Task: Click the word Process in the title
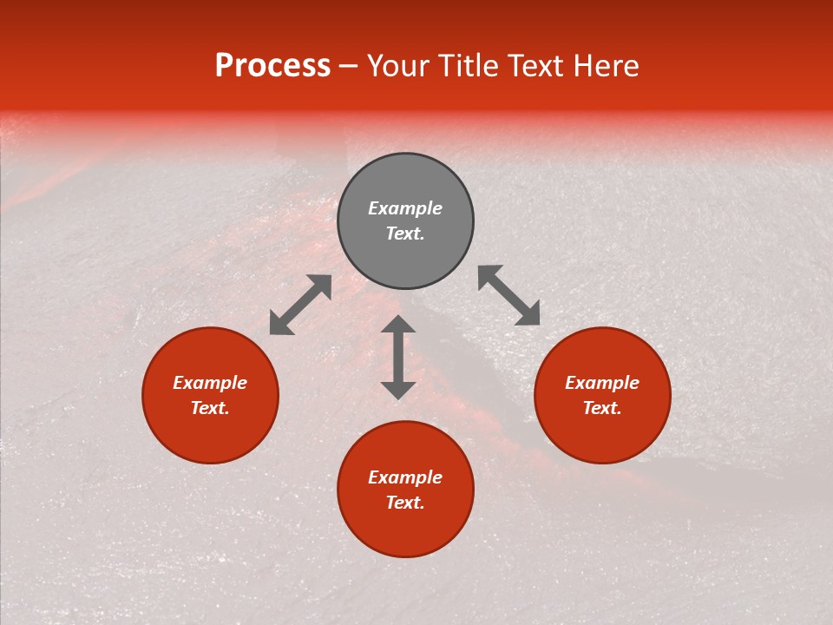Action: coord(272,66)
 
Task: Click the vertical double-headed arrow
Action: coord(398,358)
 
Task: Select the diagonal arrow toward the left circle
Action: coord(300,305)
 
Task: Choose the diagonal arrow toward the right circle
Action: coord(509,295)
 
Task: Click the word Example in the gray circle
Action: coord(405,208)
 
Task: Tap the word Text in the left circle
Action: coord(210,408)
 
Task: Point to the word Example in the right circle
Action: coord(602,383)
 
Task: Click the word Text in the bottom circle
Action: coord(405,503)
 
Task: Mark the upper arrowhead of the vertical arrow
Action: coord(398,325)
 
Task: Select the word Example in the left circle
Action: coord(210,383)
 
